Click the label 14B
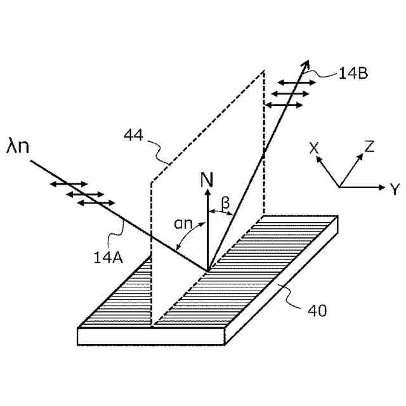coord(353,73)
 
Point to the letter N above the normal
coord(207,180)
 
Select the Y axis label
coord(395,188)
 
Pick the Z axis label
coord(369,148)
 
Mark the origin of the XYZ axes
coord(339,187)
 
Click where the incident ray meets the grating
coord(207,271)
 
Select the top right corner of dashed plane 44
coord(263,72)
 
